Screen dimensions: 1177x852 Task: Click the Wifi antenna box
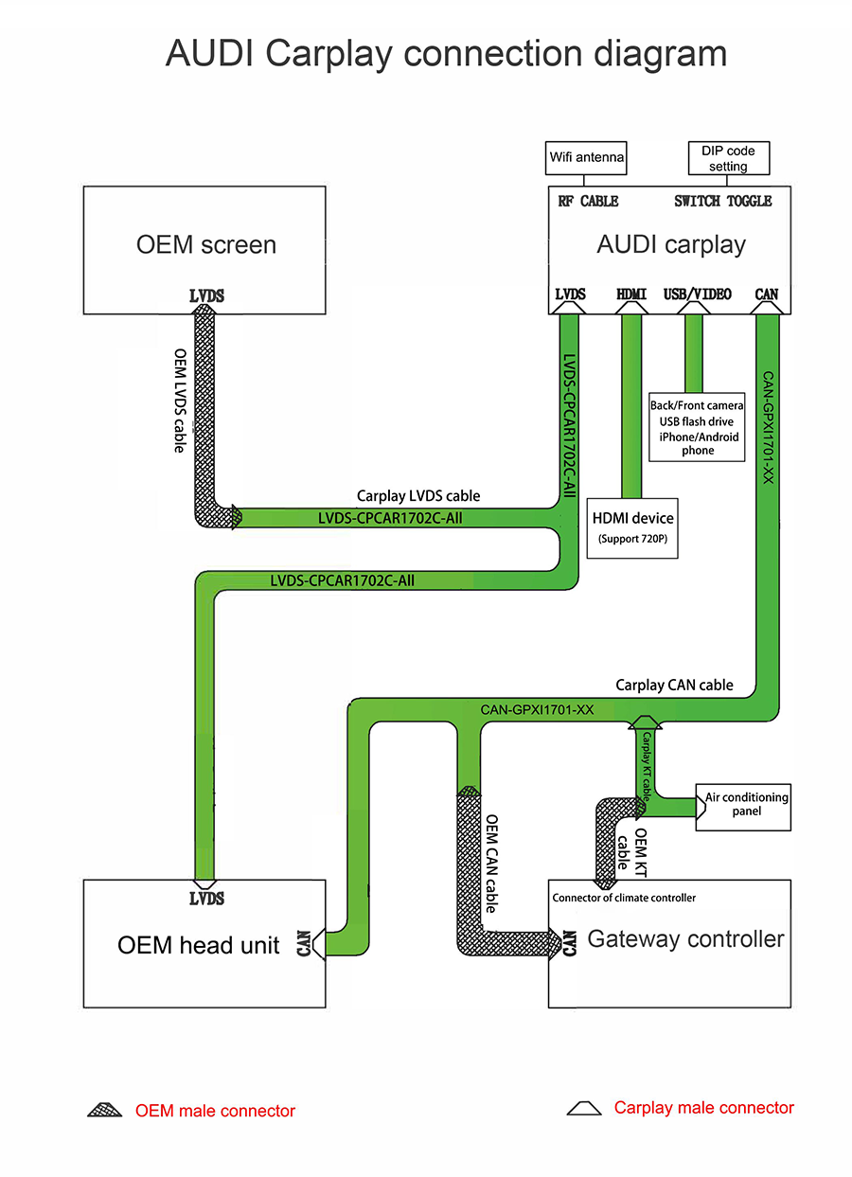click(587, 157)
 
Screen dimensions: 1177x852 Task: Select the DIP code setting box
click(728, 158)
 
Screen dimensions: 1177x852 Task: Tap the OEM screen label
click(206, 244)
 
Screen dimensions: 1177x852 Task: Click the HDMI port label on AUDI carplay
click(631, 294)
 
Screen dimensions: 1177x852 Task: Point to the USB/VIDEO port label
click(698, 294)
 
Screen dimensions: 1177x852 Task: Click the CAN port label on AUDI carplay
click(767, 294)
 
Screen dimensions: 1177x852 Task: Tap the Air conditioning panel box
click(746, 804)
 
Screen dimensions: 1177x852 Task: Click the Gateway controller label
click(685, 938)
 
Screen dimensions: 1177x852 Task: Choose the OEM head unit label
click(199, 944)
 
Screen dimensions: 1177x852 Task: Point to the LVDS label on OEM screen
click(206, 296)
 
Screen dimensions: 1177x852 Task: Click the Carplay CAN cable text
click(674, 685)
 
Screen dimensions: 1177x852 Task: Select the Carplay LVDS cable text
click(418, 495)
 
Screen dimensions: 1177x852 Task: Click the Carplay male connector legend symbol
click(584, 1108)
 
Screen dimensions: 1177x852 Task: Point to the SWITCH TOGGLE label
click(722, 201)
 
